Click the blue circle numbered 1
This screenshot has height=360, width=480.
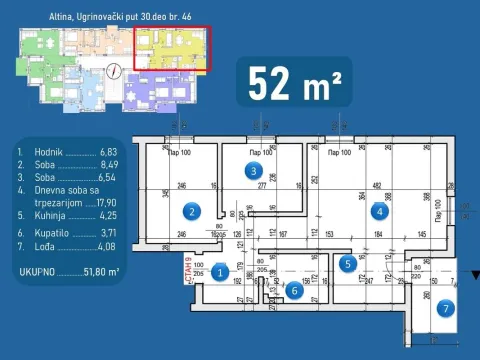pos(222,270)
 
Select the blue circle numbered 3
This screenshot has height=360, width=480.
pos(256,171)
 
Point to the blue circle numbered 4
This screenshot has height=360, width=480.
pos(378,211)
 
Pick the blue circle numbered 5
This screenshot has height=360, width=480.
pos(346,264)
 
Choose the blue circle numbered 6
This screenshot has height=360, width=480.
pos(294,290)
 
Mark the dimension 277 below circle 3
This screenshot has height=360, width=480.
pos(261,186)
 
